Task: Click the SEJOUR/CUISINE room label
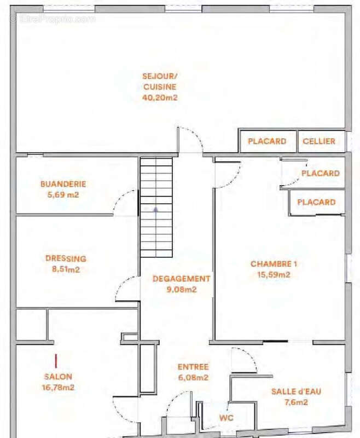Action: [160, 81]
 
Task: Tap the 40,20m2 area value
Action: [160, 97]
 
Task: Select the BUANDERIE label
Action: [63, 184]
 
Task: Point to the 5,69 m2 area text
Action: [63, 194]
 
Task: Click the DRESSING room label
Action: [66, 258]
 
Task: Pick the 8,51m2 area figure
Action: [66, 269]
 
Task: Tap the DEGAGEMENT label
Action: [182, 279]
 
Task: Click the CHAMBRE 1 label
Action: [274, 264]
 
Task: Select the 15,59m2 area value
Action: [274, 275]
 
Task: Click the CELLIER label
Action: [319, 141]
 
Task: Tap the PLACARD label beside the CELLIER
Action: [267, 141]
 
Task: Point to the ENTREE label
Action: [193, 367]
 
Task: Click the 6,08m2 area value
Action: [193, 377]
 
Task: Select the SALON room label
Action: [59, 377]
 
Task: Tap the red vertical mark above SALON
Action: [56, 361]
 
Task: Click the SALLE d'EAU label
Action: [296, 391]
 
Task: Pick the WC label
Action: [227, 418]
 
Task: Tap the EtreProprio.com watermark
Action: [53, 19]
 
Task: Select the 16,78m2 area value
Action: [59, 388]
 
